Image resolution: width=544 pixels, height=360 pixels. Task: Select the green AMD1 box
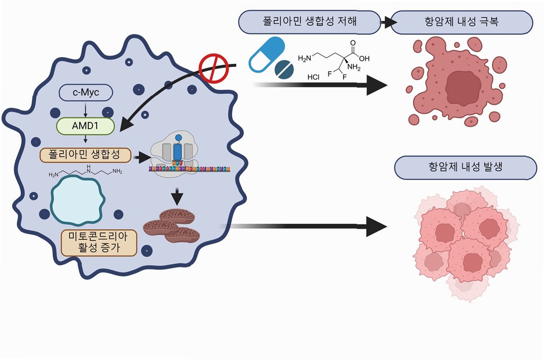86,126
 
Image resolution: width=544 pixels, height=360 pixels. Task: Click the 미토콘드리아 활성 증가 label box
99,242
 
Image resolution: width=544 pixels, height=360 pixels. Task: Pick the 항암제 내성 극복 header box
461,22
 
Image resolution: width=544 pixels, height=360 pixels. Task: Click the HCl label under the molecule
313,78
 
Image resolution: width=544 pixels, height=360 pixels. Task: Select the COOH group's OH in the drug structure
364,59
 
